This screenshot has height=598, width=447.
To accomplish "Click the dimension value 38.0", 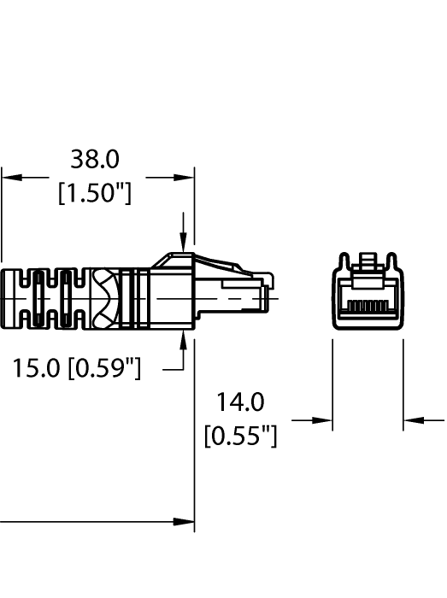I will pos(94,160).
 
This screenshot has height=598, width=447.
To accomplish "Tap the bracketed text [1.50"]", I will pos(94,194).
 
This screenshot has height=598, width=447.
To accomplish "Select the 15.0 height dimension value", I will pos(40,369).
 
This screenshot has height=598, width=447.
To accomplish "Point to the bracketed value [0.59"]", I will pos(106,369).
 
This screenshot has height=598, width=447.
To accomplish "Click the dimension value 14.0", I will pos(240,402).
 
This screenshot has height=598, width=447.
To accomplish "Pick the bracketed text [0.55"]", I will pos(240,437).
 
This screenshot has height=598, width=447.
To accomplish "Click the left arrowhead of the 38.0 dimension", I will pos(9,177).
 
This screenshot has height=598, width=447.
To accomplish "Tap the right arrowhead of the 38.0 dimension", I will pos(185,177).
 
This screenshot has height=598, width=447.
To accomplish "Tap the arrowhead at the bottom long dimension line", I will pos(185,521).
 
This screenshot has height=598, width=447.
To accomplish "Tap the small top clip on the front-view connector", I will pos(368,259).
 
